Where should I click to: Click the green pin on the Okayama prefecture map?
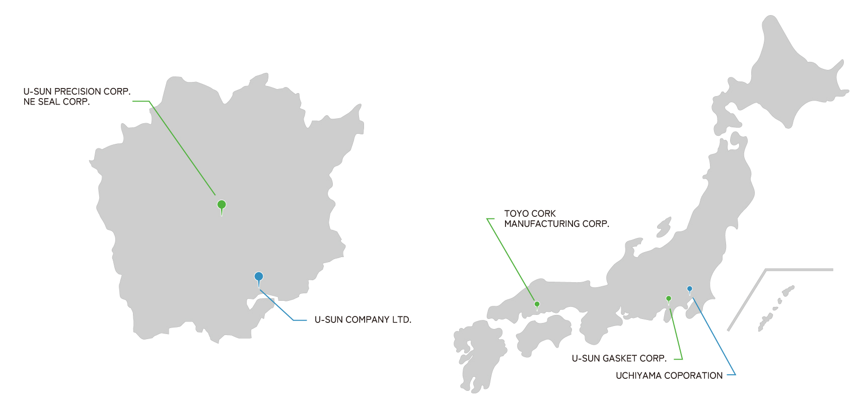pyautogui.click(x=222, y=205)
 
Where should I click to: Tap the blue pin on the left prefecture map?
pyautogui.click(x=259, y=277)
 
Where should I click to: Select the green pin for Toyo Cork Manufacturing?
pyautogui.click(x=537, y=305)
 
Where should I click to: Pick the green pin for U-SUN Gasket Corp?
pyautogui.click(x=669, y=299)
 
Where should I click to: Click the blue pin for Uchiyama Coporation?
pyautogui.click(x=689, y=289)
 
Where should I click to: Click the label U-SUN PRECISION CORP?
pyautogui.click(x=77, y=92)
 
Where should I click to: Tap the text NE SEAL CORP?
pyautogui.click(x=57, y=102)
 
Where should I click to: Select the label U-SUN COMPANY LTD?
pyautogui.click(x=363, y=319)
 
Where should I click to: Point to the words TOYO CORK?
pyautogui.click(x=530, y=214)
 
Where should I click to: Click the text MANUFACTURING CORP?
pyautogui.click(x=557, y=224)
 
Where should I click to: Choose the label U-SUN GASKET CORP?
pyautogui.click(x=619, y=358)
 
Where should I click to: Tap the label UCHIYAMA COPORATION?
pyautogui.click(x=669, y=376)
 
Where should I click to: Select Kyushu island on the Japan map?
pyautogui.click(x=480, y=357)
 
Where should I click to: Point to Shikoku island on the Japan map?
pyautogui.click(x=543, y=334)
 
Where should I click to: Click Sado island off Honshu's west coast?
pyautogui.click(x=664, y=227)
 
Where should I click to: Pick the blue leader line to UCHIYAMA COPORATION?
pyautogui.click(x=714, y=336)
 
